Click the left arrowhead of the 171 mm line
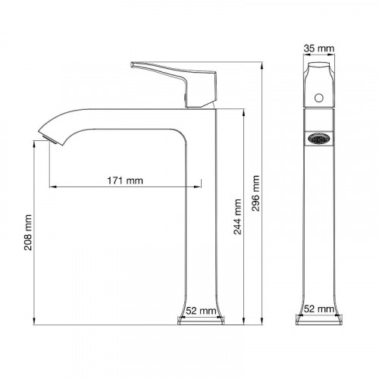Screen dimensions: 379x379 [52, 186]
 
